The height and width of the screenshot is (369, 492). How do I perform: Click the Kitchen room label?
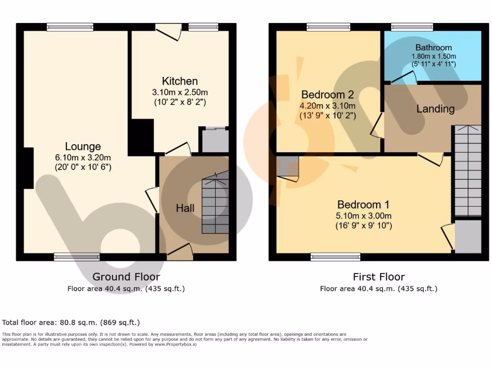pos(180,81)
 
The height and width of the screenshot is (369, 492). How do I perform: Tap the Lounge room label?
pos(83,147)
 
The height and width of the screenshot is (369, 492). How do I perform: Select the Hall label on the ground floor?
pos(185,208)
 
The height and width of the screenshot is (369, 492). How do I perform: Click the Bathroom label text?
pos(433,48)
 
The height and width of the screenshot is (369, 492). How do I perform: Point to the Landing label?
pos(435,109)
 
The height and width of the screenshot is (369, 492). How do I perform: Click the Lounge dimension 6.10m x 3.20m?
pos(83,157)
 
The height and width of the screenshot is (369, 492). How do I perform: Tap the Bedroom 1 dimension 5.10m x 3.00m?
pos(364,215)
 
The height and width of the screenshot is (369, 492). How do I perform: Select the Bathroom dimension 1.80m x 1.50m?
pos(433,56)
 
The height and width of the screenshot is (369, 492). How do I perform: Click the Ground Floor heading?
pos(126,277)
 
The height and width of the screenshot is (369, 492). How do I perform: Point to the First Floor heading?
pos(379,277)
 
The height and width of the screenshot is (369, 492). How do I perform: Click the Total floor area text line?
pos(71,322)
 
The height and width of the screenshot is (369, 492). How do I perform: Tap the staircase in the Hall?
pos(215,206)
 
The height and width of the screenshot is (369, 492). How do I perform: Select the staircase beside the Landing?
pos(467,171)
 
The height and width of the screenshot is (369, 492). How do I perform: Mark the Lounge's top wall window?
pos(70,27)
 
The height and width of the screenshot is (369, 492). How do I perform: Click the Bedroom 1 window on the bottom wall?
pos(335,257)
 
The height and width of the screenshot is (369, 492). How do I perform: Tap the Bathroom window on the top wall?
pos(412,27)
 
